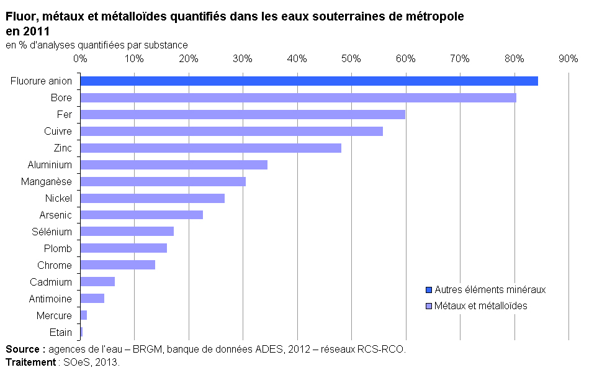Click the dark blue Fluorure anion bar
[x=309, y=81]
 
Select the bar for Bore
[x=298, y=97]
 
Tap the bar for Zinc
[x=210, y=148]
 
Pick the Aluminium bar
[x=174, y=165]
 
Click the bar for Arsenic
[x=142, y=215]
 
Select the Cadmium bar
[x=97, y=282]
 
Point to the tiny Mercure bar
[x=84, y=315]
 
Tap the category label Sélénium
[x=52, y=232]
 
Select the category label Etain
[x=60, y=332]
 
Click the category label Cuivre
[x=58, y=131]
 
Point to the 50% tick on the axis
[x=351, y=58]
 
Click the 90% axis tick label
[x=568, y=58]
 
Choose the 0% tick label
[x=80, y=58]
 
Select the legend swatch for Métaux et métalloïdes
[x=429, y=305]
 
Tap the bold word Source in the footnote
[x=23, y=349]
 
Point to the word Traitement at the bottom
[x=30, y=362]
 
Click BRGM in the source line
[x=148, y=349]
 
